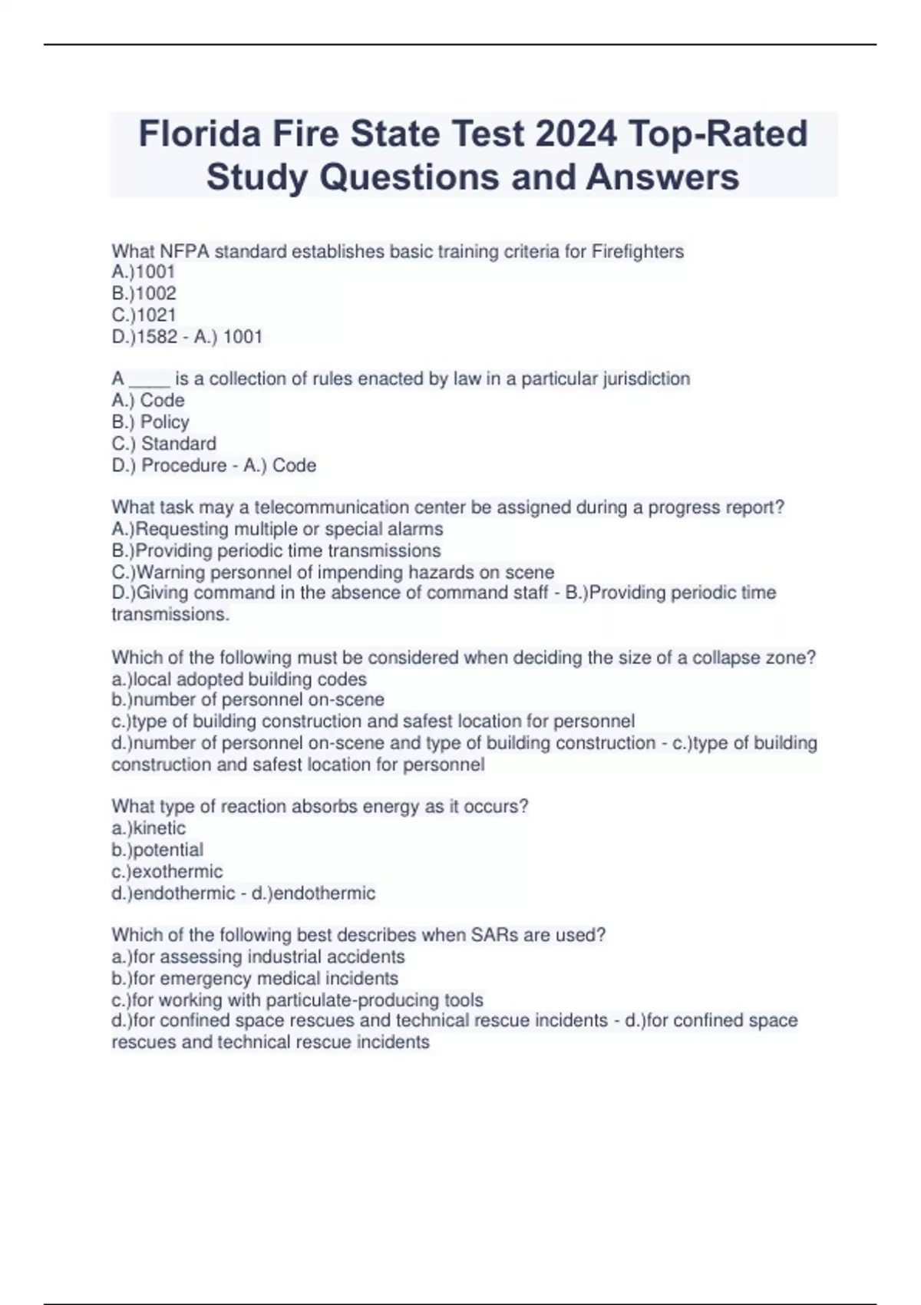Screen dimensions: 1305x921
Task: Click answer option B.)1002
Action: click(x=144, y=293)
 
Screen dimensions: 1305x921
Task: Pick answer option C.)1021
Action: click(x=144, y=315)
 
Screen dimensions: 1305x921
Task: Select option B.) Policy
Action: click(x=150, y=421)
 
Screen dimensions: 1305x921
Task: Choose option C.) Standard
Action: click(x=163, y=443)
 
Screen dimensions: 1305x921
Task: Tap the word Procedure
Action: click(x=184, y=465)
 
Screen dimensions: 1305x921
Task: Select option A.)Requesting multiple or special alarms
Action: click(x=277, y=529)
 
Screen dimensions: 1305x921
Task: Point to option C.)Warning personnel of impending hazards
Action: click(x=332, y=572)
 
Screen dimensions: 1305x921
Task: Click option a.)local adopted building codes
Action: click(x=239, y=679)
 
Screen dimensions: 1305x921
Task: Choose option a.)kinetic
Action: click(x=148, y=828)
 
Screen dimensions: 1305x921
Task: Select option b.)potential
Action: click(x=157, y=850)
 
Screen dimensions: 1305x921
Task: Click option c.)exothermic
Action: click(x=167, y=871)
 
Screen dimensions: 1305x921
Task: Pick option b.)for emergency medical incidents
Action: click(x=255, y=978)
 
